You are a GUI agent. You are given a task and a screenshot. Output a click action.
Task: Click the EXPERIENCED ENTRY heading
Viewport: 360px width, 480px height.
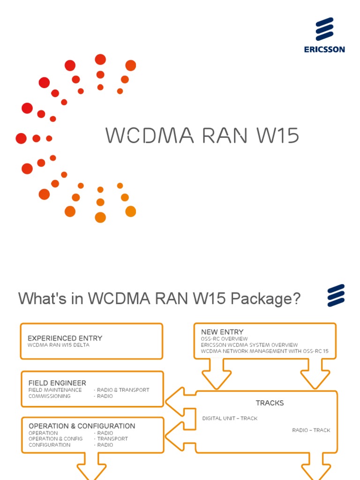[65, 338]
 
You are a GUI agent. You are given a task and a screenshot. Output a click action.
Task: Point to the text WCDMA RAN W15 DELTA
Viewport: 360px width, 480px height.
[58, 345]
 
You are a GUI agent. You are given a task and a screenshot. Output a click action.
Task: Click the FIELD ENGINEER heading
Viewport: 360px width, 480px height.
[57, 383]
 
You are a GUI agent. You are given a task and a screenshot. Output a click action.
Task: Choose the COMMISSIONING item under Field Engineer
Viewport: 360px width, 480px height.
[50, 396]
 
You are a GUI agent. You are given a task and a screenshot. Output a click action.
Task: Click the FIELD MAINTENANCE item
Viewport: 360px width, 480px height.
[55, 390]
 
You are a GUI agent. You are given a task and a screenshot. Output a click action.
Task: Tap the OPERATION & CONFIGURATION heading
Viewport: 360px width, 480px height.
[82, 426]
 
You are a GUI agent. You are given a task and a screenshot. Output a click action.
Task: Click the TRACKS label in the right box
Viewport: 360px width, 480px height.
[270, 403]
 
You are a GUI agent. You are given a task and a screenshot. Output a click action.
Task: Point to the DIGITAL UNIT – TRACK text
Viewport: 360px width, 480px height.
[230, 418]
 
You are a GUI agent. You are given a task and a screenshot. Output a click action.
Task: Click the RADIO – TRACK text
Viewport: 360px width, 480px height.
[311, 430]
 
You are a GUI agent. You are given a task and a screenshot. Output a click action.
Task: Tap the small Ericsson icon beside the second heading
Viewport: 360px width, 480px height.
[336, 295]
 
